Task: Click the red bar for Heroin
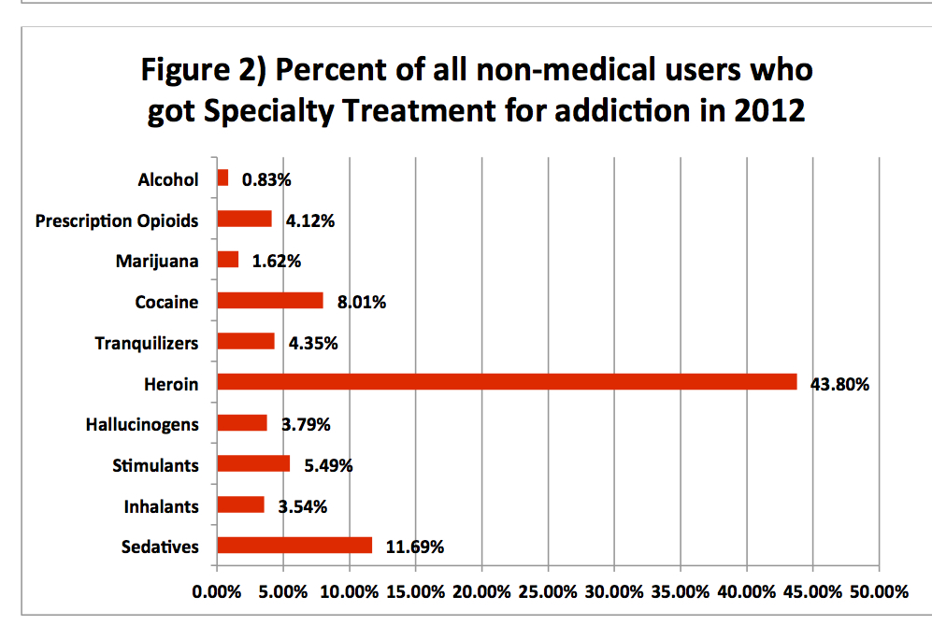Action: pyautogui.click(x=507, y=382)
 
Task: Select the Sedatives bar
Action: pyautogui.click(x=294, y=546)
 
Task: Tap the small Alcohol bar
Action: pyautogui.click(x=222, y=177)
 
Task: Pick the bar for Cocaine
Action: pyautogui.click(x=270, y=301)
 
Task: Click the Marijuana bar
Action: pyautogui.click(x=228, y=260)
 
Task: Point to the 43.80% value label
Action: pyautogui.click(x=839, y=384)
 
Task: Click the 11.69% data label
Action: pyautogui.click(x=415, y=547)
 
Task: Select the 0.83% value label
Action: pyautogui.click(x=266, y=179)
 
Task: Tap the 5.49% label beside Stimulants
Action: pyautogui.click(x=328, y=465)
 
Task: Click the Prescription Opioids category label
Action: pyautogui.click(x=117, y=220)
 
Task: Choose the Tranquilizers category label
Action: pyautogui.click(x=147, y=343)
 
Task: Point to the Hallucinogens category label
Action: pyautogui.click(x=142, y=425)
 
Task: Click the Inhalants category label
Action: pyautogui.click(x=161, y=506)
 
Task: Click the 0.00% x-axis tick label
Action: pyautogui.click(x=216, y=591)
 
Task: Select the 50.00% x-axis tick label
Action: pyautogui.click(x=879, y=591)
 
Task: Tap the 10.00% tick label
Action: pyautogui.click(x=349, y=591)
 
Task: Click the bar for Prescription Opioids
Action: pyautogui.click(x=245, y=219)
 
